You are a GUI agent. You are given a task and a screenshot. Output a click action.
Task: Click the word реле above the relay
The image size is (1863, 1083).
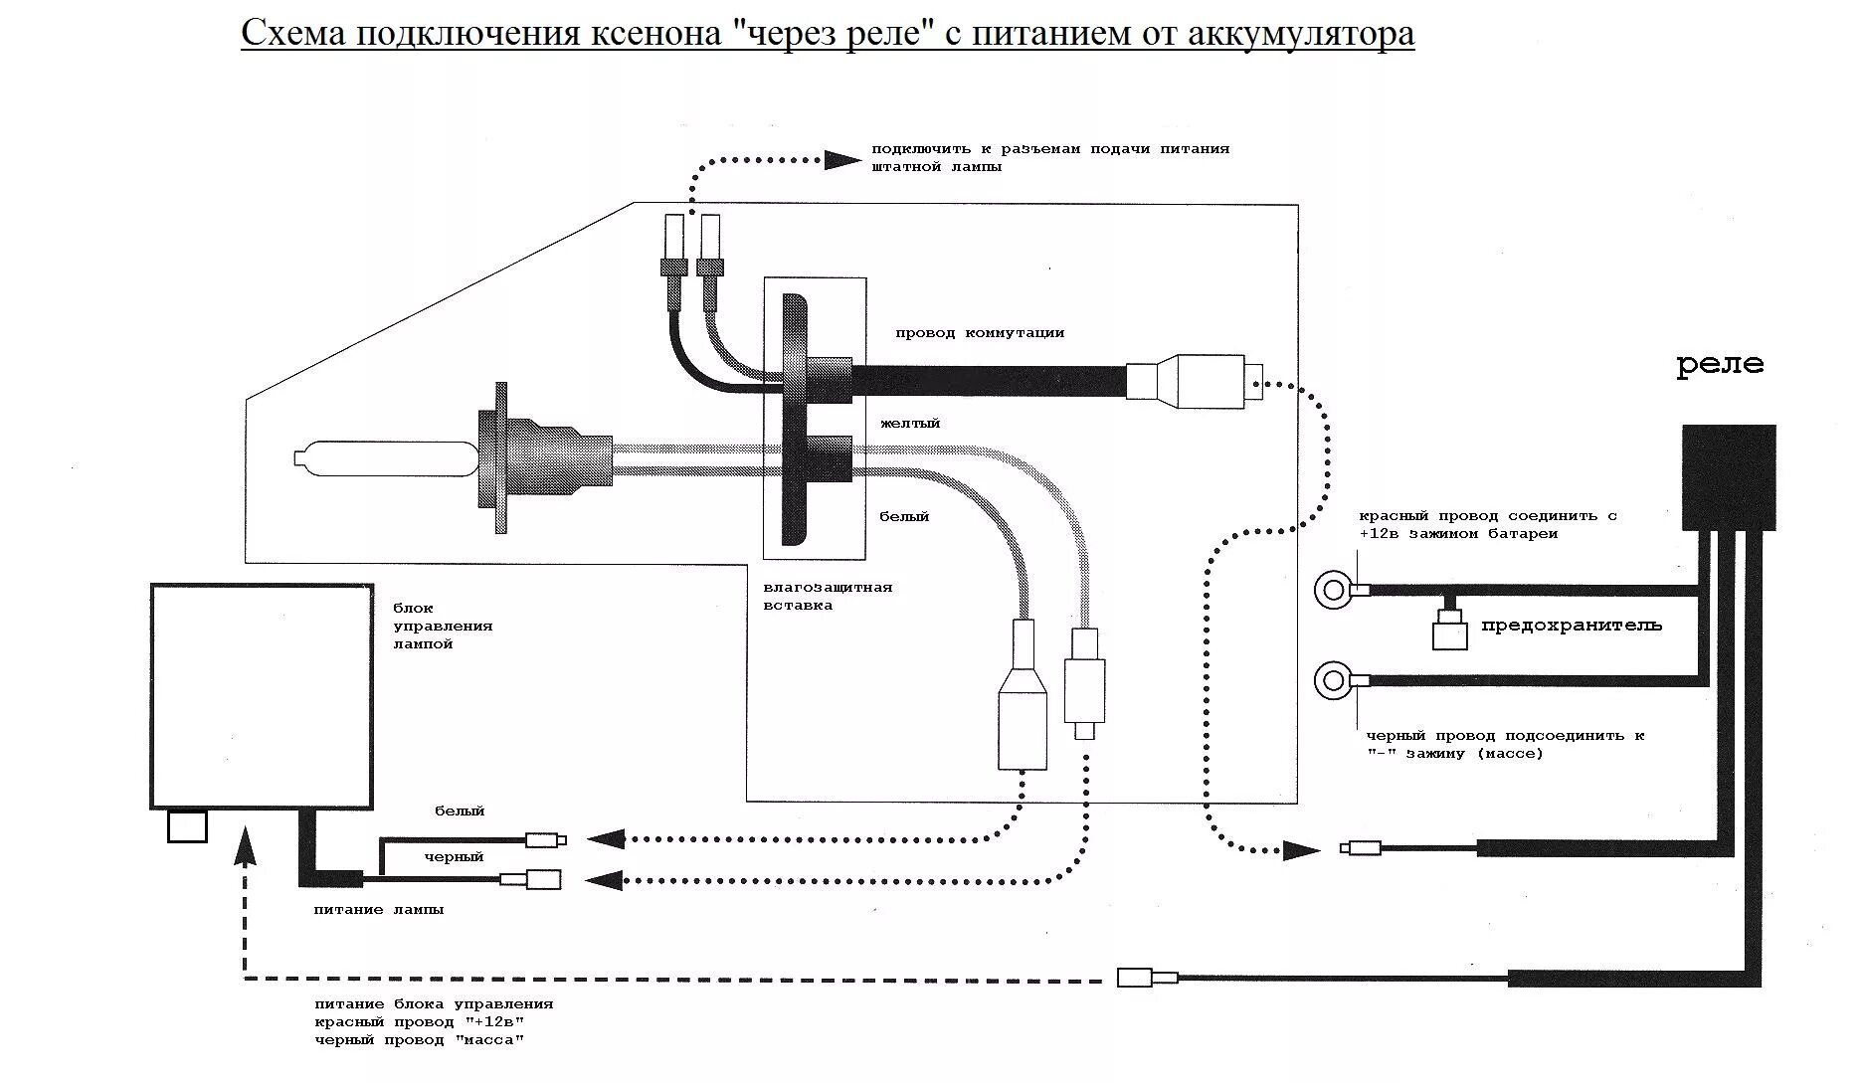[1720, 364]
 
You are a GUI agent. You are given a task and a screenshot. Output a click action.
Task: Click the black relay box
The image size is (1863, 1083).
[1728, 476]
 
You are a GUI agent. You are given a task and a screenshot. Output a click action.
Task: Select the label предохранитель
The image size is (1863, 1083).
[1571, 626]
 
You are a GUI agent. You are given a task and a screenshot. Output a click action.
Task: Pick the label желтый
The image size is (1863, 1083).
[909, 424]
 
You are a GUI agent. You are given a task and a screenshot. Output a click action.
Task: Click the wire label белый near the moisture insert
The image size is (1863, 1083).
[904, 517]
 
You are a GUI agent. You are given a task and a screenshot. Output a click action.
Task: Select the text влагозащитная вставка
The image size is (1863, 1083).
[828, 596]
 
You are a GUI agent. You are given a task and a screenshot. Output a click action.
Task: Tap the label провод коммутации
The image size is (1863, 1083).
[979, 333]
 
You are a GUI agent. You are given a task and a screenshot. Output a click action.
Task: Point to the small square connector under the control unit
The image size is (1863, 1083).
[187, 825]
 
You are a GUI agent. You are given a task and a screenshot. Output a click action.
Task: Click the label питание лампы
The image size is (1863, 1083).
[379, 909]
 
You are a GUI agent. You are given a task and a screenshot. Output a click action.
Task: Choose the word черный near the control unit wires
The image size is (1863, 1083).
[454, 857]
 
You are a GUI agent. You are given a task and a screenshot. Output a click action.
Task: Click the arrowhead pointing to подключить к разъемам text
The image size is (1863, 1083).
[842, 159]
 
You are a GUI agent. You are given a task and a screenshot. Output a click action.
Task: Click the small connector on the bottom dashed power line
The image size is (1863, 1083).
[1147, 977]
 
